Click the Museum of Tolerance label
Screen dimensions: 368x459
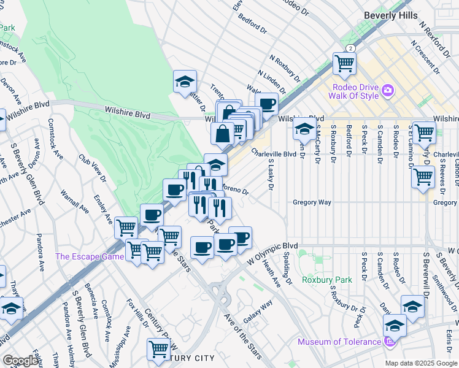339,342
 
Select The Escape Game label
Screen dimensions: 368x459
90,257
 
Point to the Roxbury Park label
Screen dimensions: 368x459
327,280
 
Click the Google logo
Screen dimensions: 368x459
21,361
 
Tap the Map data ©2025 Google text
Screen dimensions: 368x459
420,362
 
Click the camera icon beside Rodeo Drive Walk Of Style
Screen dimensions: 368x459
387,91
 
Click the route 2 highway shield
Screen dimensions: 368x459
350,47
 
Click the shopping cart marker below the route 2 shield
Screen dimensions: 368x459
344,63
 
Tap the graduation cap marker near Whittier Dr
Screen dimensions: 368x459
184,82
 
